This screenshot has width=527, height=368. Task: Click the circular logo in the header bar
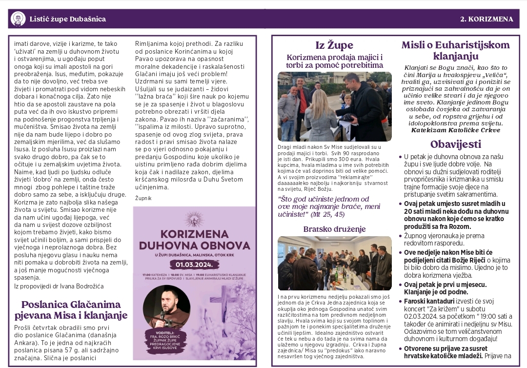(18, 19)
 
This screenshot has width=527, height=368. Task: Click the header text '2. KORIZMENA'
(486, 20)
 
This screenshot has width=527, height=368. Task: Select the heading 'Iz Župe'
(334, 45)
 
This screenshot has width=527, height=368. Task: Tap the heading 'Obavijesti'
(455, 144)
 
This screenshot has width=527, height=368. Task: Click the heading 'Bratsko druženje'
(334, 229)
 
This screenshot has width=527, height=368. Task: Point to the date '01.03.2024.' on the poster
(195, 265)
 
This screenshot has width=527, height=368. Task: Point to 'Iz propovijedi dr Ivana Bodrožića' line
(59, 286)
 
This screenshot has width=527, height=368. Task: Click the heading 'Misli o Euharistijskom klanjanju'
(455, 50)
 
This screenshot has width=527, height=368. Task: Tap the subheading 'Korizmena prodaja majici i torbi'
(334, 61)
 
